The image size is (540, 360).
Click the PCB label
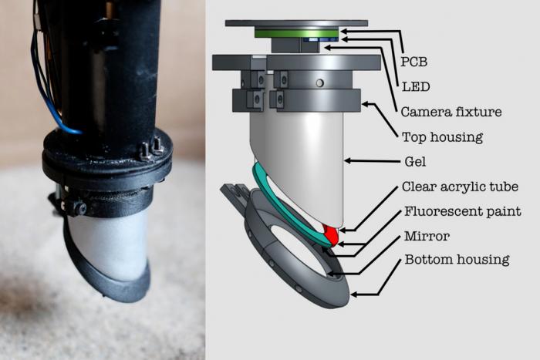pyautogui.click(x=414, y=62)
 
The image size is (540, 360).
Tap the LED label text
pyautogui.click(x=416, y=87)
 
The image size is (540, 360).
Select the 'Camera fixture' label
pyautogui.click(x=451, y=112)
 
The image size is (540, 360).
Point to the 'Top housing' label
pyautogui.click(x=443, y=137)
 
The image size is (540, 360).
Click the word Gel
pyautogui.click(x=415, y=161)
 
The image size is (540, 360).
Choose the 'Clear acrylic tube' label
pyautogui.click(x=460, y=187)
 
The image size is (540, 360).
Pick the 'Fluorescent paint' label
pyautogui.click(x=463, y=211)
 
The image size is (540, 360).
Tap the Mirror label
pyautogui.click(x=427, y=236)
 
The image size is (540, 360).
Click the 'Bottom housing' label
pyautogui.click(x=457, y=260)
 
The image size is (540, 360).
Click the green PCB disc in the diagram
pyautogui.click(x=297, y=33)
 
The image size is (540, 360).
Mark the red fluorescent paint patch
pyautogui.click(x=331, y=234)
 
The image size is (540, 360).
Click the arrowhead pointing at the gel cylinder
pyautogui.click(x=347, y=160)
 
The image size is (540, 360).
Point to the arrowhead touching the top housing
pyautogui.click(x=364, y=103)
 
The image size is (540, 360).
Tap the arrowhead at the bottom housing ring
pyautogui.click(x=353, y=294)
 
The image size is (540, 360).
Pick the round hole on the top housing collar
pyautogui.click(x=320, y=83)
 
